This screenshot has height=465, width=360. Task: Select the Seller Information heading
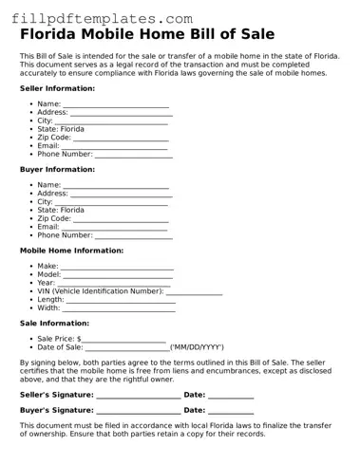coord(57,87)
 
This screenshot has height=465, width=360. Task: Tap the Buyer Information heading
coord(57,169)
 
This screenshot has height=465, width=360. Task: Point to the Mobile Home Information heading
coord(71,251)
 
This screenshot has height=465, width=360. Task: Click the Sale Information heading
coord(54,323)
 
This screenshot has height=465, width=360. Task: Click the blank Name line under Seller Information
coord(115,105)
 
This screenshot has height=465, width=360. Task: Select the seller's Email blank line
coord(115,147)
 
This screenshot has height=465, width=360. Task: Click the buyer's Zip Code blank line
coord(121,220)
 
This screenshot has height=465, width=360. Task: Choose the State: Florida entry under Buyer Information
coord(61,210)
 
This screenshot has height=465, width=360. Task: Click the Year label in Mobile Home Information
coord(46,283)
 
